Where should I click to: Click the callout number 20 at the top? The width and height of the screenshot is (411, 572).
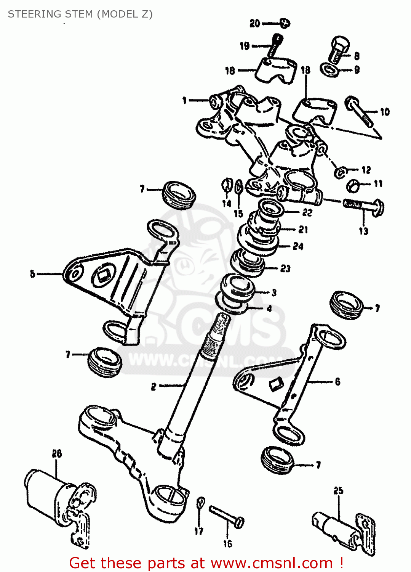tap(254, 24)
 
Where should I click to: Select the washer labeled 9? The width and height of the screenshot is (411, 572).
tap(330, 70)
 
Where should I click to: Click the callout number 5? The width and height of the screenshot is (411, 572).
tap(33, 274)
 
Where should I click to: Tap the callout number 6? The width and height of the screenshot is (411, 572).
tap(337, 382)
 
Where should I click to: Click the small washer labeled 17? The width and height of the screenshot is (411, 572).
tap(200, 503)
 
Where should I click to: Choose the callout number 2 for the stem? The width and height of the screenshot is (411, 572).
tap(154, 387)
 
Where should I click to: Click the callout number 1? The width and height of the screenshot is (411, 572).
tap(185, 101)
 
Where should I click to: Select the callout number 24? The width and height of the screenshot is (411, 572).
tap(298, 246)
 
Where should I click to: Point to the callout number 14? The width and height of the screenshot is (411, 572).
tap(227, 204)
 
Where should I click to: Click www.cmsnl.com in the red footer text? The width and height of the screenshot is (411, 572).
tap(272, 563)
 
